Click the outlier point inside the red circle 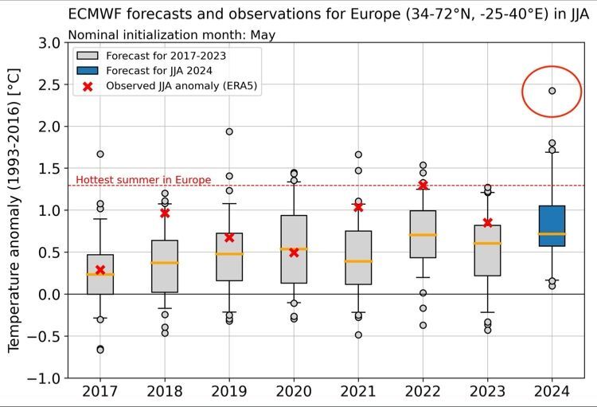pyautogui.click(x=552, y=91)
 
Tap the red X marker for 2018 pyautogui.click(x=165, y=213)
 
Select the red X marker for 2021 pyautogui.click(x=358, y=206)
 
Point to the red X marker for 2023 pyautogui.click(x=487, y=222)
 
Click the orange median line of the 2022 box pyautogui.click(x=423, y=234)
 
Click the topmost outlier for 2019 pyautogui.click(x=229, y=131)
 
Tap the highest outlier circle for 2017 pyautogui.click(x=100, y=154)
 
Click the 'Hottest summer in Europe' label pyautogui.click(x=143, y=180)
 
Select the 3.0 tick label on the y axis pyautogui.click(x=49, y=42)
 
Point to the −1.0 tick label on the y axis pyautogui.click(x=45, y=378)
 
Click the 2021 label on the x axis pyautogui.click(x=358, y=393)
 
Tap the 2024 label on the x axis pyautogui.click(x=552, y=393)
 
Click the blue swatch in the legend pyautogui.click(x=88, y=71)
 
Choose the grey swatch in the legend pyautogui.click(x=88, y=56)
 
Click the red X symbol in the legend pyautogui.click(x=88, y=86)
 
